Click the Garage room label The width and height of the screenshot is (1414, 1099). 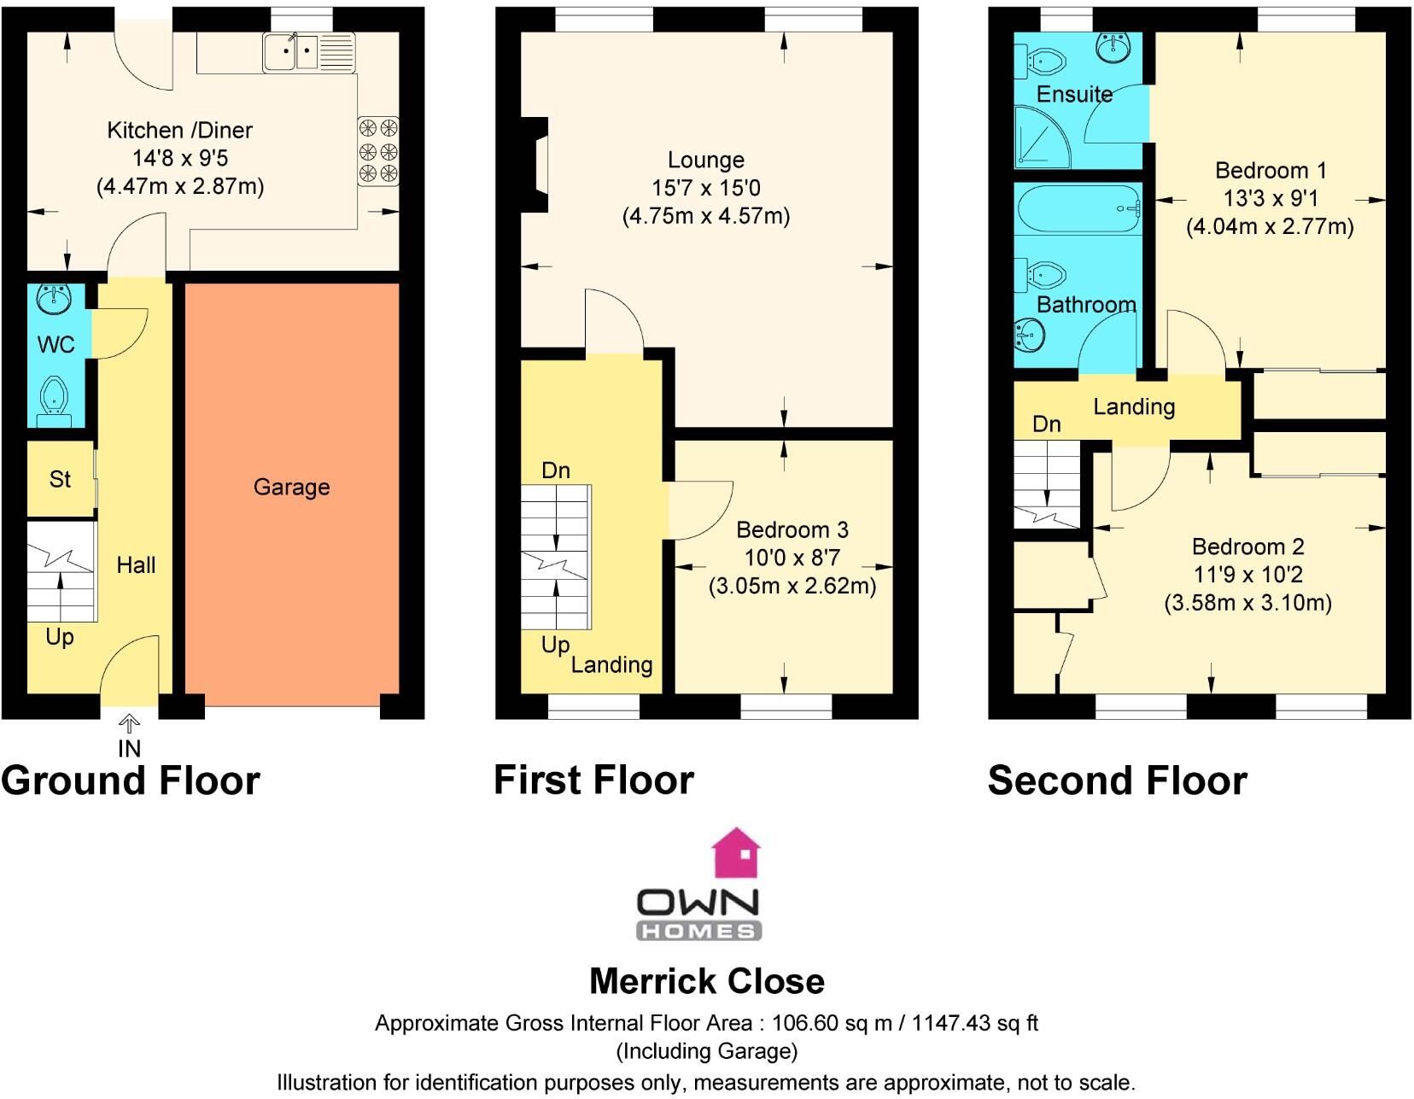pos(291,487)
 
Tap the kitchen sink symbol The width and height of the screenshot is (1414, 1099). pos(291,52)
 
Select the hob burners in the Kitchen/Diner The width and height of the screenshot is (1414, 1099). pos(378,151)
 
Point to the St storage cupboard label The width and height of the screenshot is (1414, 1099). pos(60,479)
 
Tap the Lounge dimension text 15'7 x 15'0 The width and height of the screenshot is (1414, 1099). pos(705,188)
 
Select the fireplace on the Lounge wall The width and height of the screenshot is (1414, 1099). pos(535,165)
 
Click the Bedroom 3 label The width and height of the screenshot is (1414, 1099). pos(792,529)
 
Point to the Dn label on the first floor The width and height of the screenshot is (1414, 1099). pos(556,470)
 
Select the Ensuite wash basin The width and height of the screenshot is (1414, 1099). pos(1117,49)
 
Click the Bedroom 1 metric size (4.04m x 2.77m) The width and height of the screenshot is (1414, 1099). pos(1270,227)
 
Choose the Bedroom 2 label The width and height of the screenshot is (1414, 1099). pos(1247,547)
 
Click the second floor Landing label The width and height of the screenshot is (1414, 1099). pos(1134,406)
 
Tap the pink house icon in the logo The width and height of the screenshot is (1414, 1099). pos(736,853)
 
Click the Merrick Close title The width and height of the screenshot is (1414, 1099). pos(707,981)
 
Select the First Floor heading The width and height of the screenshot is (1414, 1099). pos(594,780)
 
